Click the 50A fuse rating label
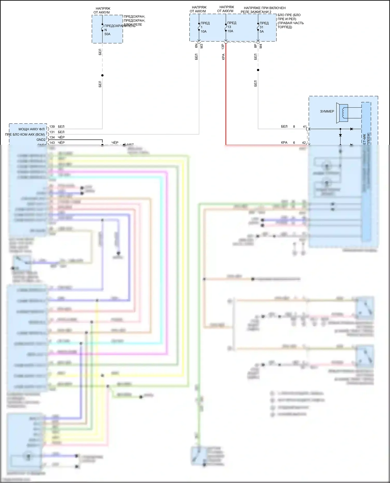pos(107,34)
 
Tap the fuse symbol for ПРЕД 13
pos(226,27)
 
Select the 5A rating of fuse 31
pos(262,31)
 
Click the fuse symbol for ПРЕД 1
pos(199,27)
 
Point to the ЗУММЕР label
pos(327,111)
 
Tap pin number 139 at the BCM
pos(52,127)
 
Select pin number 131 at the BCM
pos(52,132)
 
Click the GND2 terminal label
pos(41,140)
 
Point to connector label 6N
pos(196,46)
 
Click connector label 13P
pos(223,46)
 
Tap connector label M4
pos(261,46)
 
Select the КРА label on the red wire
pos(223,57)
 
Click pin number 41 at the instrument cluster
pos(304,127)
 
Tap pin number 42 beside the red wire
pos(304,143)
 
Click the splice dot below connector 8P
pos(258,70)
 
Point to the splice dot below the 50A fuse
pos(102,76)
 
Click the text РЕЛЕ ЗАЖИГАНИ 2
pos(256,12)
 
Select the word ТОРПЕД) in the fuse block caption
pos(285,27)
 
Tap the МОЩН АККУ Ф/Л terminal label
pos(31,129)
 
